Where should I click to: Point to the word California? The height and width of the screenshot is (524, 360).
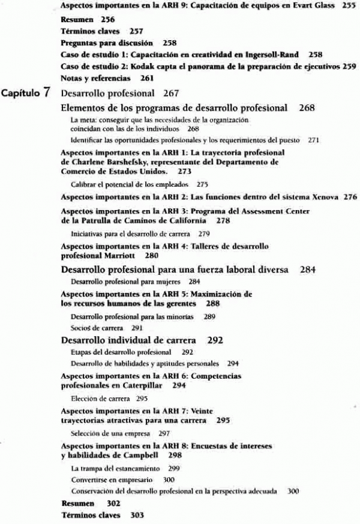pos(173,220)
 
